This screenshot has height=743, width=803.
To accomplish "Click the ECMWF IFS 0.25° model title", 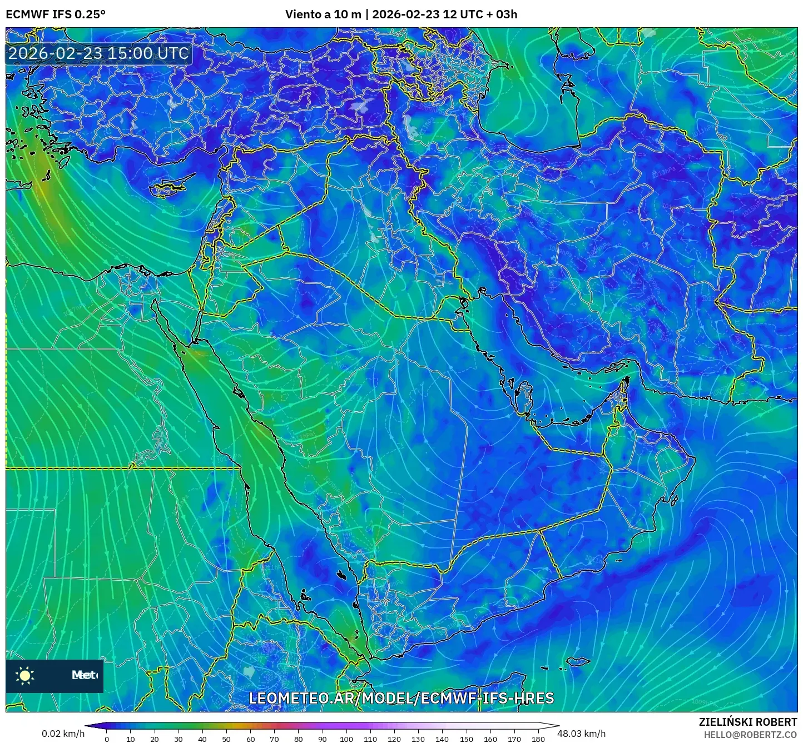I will coord(56,14).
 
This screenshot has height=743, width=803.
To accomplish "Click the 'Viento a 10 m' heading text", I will coord(323,14).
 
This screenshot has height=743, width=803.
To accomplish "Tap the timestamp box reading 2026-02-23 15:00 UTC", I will coord(98,53).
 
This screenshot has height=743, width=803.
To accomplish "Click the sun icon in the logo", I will coord(25,675).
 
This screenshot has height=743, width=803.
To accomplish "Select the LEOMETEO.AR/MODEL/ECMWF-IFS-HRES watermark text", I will coord(401,698).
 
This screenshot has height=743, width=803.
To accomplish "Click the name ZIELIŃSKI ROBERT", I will coord(748,721).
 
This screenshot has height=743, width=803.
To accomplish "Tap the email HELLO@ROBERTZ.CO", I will coord(750,734).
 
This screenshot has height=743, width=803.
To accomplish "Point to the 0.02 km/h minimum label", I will coord(63,734).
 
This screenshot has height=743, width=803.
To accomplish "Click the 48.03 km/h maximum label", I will coord(582,734).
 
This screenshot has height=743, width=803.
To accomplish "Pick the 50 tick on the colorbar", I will coord(226,739).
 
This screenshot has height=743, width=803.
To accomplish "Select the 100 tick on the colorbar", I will coord(346,739).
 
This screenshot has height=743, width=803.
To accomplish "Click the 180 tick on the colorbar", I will coord(538,739).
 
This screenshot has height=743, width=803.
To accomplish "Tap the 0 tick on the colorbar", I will coord(107,739).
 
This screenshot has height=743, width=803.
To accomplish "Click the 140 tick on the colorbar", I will coord(442,739).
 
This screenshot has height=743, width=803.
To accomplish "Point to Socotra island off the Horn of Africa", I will coord(578,661).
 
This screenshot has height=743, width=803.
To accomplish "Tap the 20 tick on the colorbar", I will coord(155,739).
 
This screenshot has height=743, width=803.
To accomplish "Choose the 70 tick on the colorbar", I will coord(274,739).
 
